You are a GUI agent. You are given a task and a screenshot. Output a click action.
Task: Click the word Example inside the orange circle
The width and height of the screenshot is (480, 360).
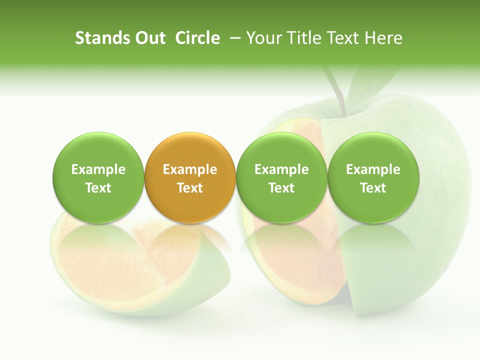pos(190,169)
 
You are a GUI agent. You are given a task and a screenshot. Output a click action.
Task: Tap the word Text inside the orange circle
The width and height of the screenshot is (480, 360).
pos(190,188)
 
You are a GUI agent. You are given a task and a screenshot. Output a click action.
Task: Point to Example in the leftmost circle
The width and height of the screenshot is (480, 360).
pos(98,169)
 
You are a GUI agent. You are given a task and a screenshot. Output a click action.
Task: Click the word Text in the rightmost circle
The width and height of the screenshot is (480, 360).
pos(373,188)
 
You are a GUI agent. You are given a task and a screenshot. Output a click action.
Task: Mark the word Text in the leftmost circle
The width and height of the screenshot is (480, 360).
pos(98,188)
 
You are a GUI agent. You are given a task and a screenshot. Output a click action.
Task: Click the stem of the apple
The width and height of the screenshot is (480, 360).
pos(338,92)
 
